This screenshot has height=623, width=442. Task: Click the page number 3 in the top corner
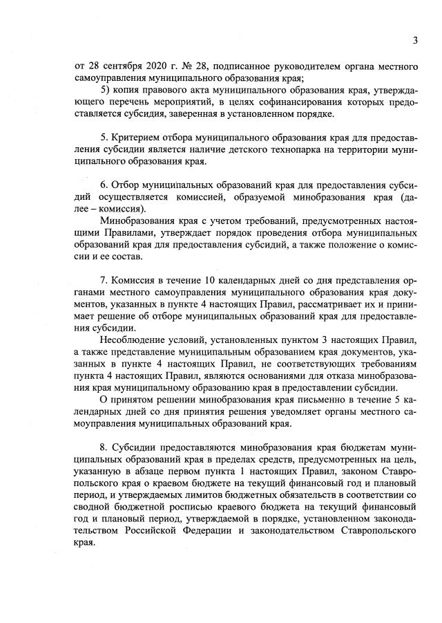pos(415,40)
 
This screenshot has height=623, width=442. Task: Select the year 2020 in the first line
pos(156,66)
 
